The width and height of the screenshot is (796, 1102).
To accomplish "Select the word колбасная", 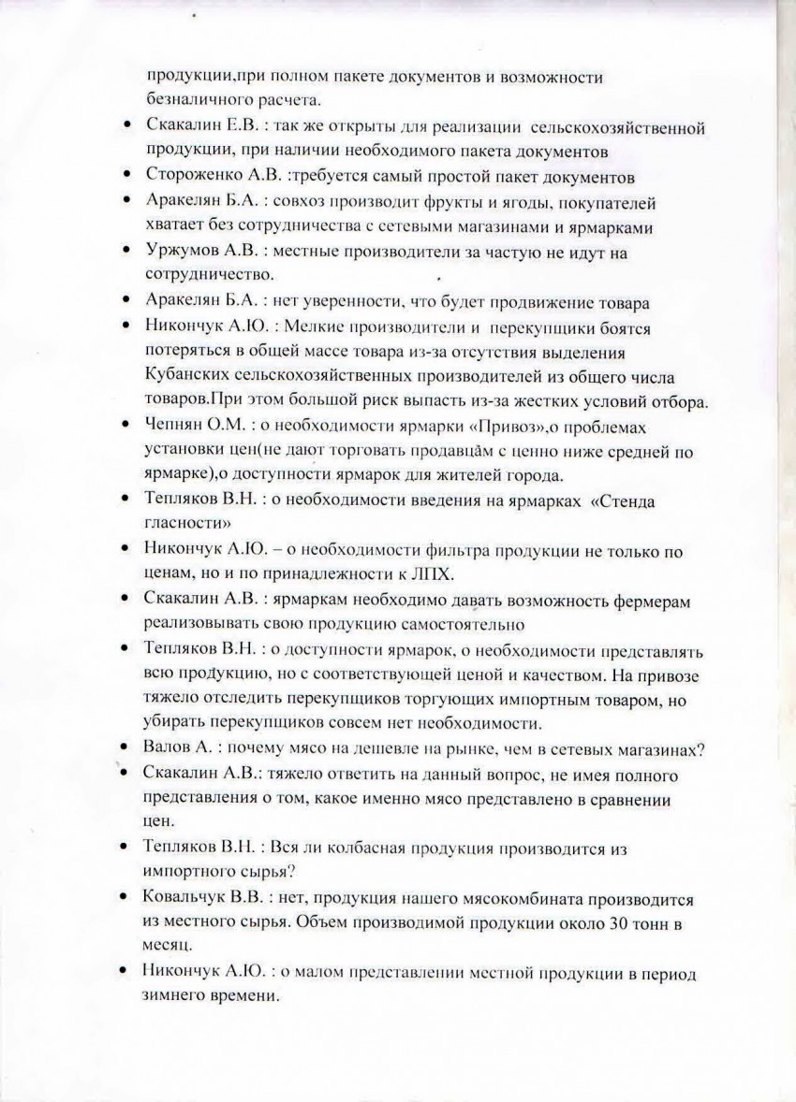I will pyautogui.click(x=356, y=848).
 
